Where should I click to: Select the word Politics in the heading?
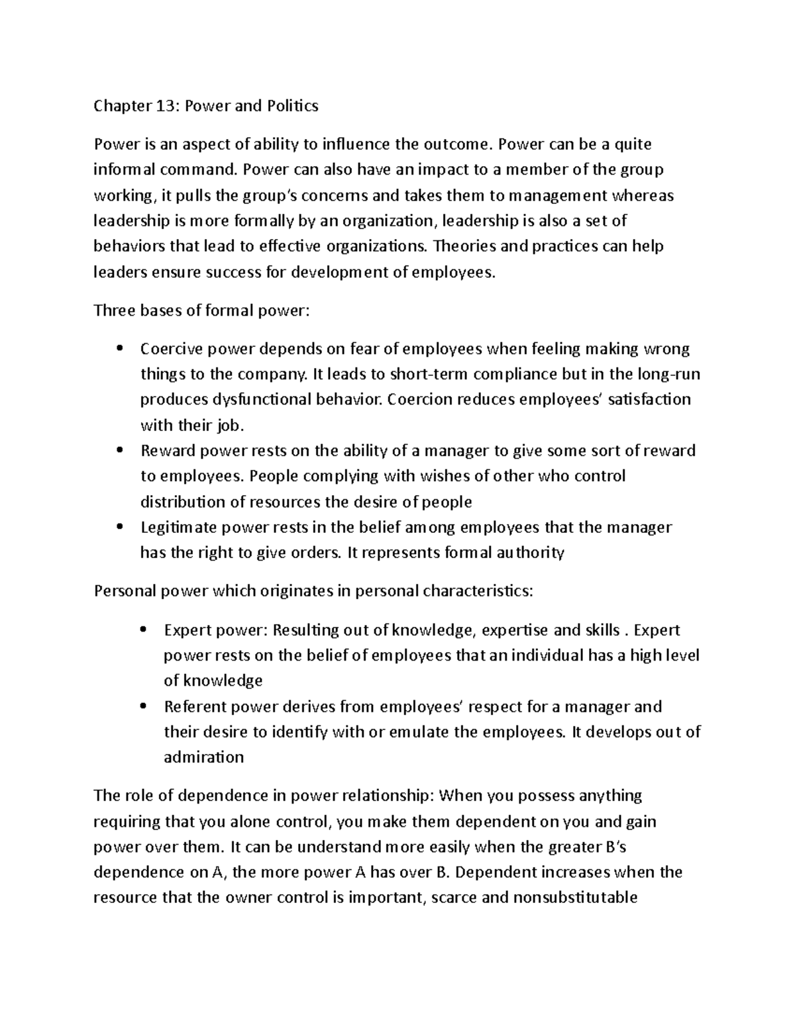[292, 106]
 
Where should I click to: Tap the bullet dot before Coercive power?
[119, 348]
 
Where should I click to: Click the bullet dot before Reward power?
[119, 450]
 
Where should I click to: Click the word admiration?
[203, 757]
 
